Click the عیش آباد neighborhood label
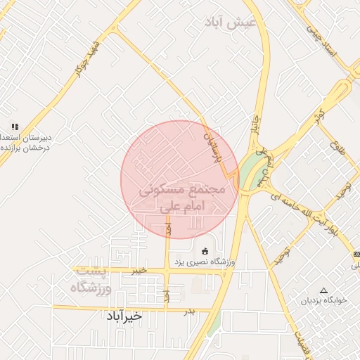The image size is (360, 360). [228, 22]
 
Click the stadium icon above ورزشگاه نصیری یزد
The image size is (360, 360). [205, 251]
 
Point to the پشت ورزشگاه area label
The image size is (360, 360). [94, 279]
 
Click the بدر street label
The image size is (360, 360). [188, 310]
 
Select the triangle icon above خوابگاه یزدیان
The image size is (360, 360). [324, 290]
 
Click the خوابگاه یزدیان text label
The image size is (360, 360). [325, 300]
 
